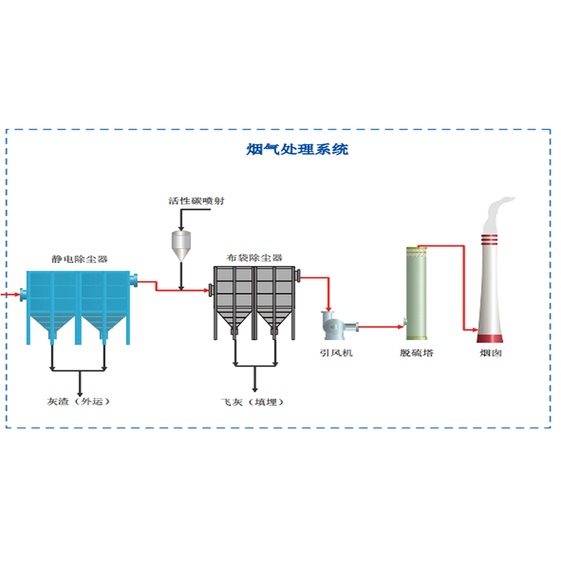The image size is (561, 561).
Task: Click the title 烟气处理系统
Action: coord(298,149)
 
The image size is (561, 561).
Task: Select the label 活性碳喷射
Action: coord(196,201)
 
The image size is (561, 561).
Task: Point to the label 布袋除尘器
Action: coord(255,258)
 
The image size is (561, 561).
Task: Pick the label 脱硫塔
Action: coord(417,353)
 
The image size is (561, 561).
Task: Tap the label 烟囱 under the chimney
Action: coord(491,353)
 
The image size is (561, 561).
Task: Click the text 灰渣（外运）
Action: coord(79,402)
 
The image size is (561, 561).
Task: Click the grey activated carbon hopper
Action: coord(182,243)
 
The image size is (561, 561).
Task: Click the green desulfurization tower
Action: coord(417,295)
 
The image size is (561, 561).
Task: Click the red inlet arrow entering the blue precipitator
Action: coord(9,295)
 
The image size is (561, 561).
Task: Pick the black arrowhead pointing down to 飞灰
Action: coord(254,387)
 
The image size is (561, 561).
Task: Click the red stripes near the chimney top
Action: coord(491,239)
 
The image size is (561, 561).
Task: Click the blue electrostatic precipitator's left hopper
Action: coord(53,324)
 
